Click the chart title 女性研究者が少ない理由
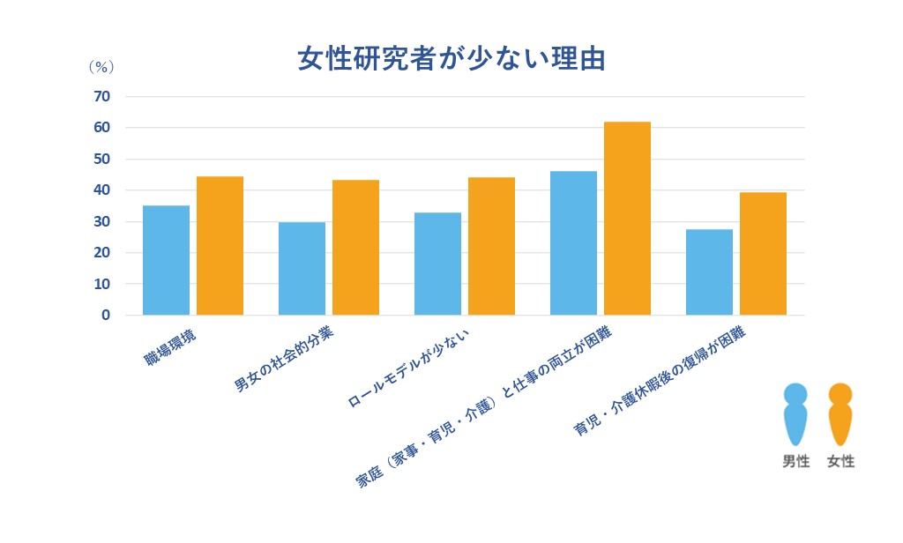tap(451, 59)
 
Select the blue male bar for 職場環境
tap(166, 260)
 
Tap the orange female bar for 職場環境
tap(220, 246)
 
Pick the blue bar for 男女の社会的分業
tap(302, 268)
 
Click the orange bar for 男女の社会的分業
tap(355, 248)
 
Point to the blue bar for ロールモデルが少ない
tap(437, 264)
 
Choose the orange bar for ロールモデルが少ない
tap(491, 246)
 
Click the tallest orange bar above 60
tap(627, 218)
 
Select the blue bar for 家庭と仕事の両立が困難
tap(573, 242)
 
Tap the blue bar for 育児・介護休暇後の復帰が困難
tap(709, 271)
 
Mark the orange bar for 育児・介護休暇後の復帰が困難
tap(763, 253)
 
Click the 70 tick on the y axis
tap(102, 96)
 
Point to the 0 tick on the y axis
tap(106, 315)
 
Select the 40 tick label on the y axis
tap(102, 190)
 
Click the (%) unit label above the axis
tap(101, 67)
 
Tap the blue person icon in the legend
tap(795, 414)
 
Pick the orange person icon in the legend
tap(840, 414)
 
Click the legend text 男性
tap(795, 461)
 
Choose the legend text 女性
tap(840, 461)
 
